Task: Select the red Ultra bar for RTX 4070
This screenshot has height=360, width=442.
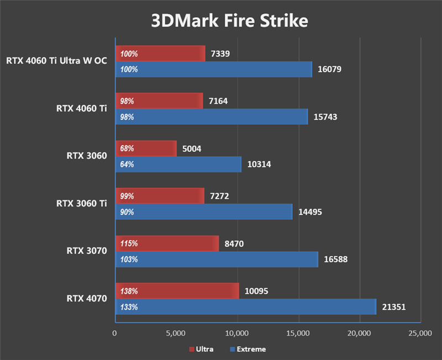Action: click(x=177, y=291)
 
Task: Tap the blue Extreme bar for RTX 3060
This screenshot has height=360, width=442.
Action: click(x=178, y=165)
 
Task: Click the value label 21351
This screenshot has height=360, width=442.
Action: click(x=394, y=307)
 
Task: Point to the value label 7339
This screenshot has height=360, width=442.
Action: click(x=220, y=54)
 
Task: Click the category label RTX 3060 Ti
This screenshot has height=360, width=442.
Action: click(x=81, y=204)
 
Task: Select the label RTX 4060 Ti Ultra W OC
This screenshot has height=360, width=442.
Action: click(x=56, y=61)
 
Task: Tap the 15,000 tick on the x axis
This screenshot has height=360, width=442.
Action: click(x=298, y=333)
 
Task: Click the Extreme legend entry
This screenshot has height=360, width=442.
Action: click(x=248, y=350)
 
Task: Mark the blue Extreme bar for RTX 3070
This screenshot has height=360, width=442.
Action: click(x=217, y=260)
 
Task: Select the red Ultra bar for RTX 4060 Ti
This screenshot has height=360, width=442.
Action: click(x=159, y=101)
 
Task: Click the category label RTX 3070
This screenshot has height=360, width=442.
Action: click(x=87, y=251)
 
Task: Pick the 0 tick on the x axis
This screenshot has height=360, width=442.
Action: click(x=115, y=333)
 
